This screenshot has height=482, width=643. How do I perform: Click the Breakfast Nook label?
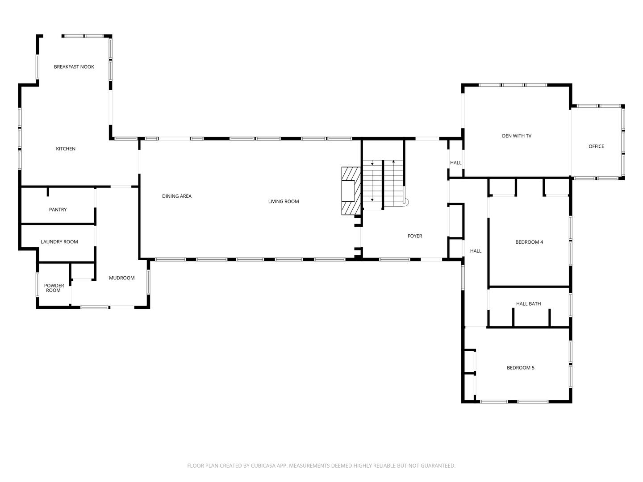point(74,67)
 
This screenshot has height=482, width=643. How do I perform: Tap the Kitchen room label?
point(66,149)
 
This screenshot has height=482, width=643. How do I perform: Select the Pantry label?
point(58,210)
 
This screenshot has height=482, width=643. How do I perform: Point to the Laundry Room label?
point(59,242)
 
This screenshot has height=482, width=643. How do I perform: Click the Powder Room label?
point(54,288)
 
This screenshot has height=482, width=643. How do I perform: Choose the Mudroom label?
point(122,278)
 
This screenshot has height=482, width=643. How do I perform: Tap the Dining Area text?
point(177,196)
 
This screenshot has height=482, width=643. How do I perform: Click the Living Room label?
point(284,202)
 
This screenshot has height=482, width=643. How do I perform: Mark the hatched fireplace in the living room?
point(351,191)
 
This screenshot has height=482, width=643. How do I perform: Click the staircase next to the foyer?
point(383,184)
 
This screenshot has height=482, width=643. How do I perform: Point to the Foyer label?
point(415,236)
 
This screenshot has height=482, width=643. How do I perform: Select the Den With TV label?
point(517,136)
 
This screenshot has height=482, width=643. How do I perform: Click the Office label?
point(596,146)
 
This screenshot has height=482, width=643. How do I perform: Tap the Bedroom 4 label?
point(529,242)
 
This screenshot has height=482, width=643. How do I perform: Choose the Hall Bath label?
point(528,304)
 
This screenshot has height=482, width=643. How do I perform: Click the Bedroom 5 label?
point(520,368)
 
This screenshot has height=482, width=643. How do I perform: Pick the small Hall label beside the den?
point(456,163)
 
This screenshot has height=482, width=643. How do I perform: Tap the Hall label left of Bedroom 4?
point(476,251)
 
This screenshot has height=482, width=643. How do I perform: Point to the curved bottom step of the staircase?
point(405,202)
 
